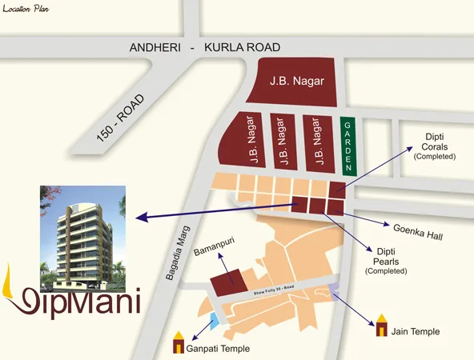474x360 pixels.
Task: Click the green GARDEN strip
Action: tap(347, 146)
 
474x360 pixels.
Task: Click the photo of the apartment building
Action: tap(82, 237)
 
